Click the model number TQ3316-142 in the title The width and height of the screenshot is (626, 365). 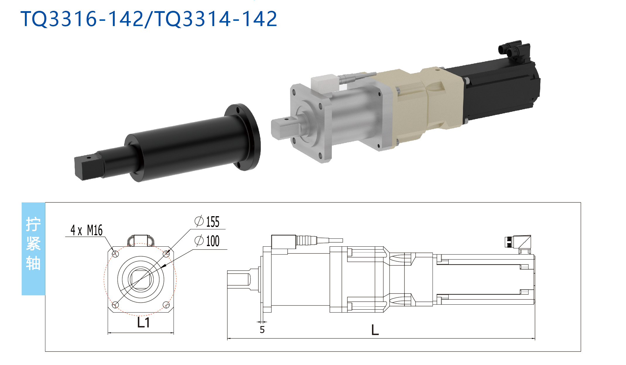(x=82, y=19)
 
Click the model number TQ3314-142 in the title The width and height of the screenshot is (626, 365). (x=216, y=19)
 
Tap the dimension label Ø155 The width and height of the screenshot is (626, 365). (x=207, y=222)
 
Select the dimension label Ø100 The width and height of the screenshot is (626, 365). (x=207, y=241)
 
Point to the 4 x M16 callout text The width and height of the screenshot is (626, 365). (x=86, y=230)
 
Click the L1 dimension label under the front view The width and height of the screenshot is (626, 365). (x=143, y=323)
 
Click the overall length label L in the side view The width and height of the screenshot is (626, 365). (x=375, y=330)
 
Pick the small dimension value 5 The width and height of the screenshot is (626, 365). (x=262, y=330)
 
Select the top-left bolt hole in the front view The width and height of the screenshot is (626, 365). (x=116, y=254)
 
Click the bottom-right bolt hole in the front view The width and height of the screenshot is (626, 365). (x=166, y=305)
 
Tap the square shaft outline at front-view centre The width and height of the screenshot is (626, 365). (x=141, y=279)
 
